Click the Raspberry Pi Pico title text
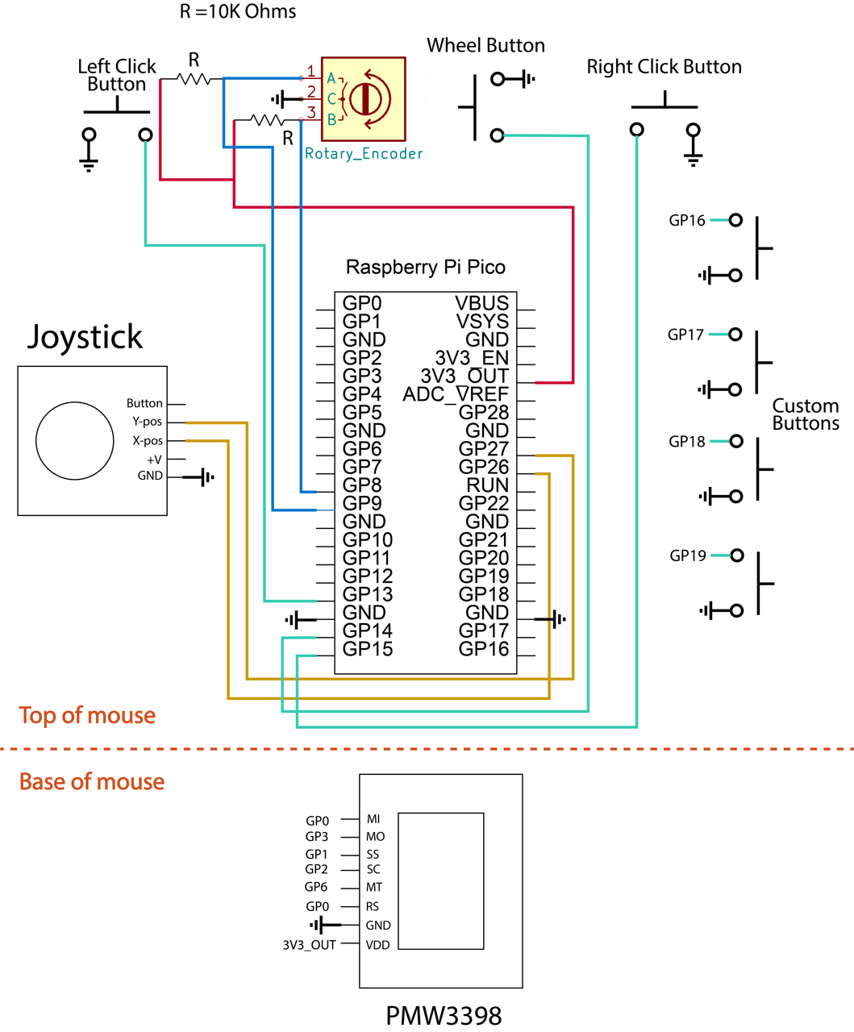click(425, 267)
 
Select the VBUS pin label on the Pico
click(481, 303)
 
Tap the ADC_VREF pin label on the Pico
click(456, 394)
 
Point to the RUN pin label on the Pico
click(487, 485)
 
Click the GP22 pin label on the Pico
click(483, 503)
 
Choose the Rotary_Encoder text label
click(364, 153)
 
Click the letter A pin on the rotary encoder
click(331, 79)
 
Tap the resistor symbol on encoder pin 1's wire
click(194, 79)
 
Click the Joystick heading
click(85, 336)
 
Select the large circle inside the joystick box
click(75, 441)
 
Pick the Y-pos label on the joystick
click(147, 422)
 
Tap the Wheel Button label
click(485, 46)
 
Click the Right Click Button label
click(664, 67)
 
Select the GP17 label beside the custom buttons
click(685, 335)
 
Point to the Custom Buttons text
click(805, 414)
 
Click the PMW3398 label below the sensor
click(444, 1015)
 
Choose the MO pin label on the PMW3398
click(375, 837)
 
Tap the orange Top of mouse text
click(87, 715)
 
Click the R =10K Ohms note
click(237, 12)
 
